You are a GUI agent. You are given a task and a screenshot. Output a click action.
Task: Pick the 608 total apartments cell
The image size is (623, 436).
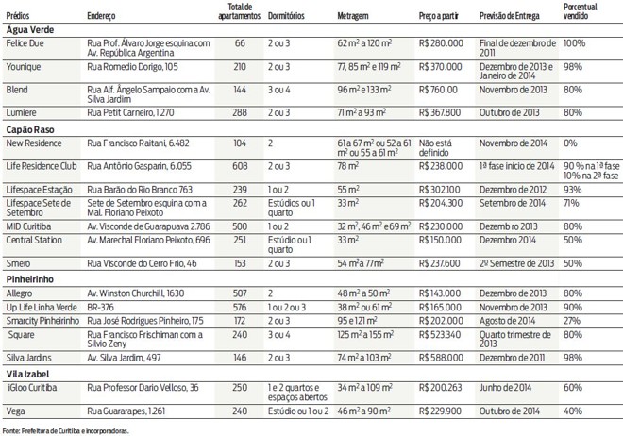tap(239, 166)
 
